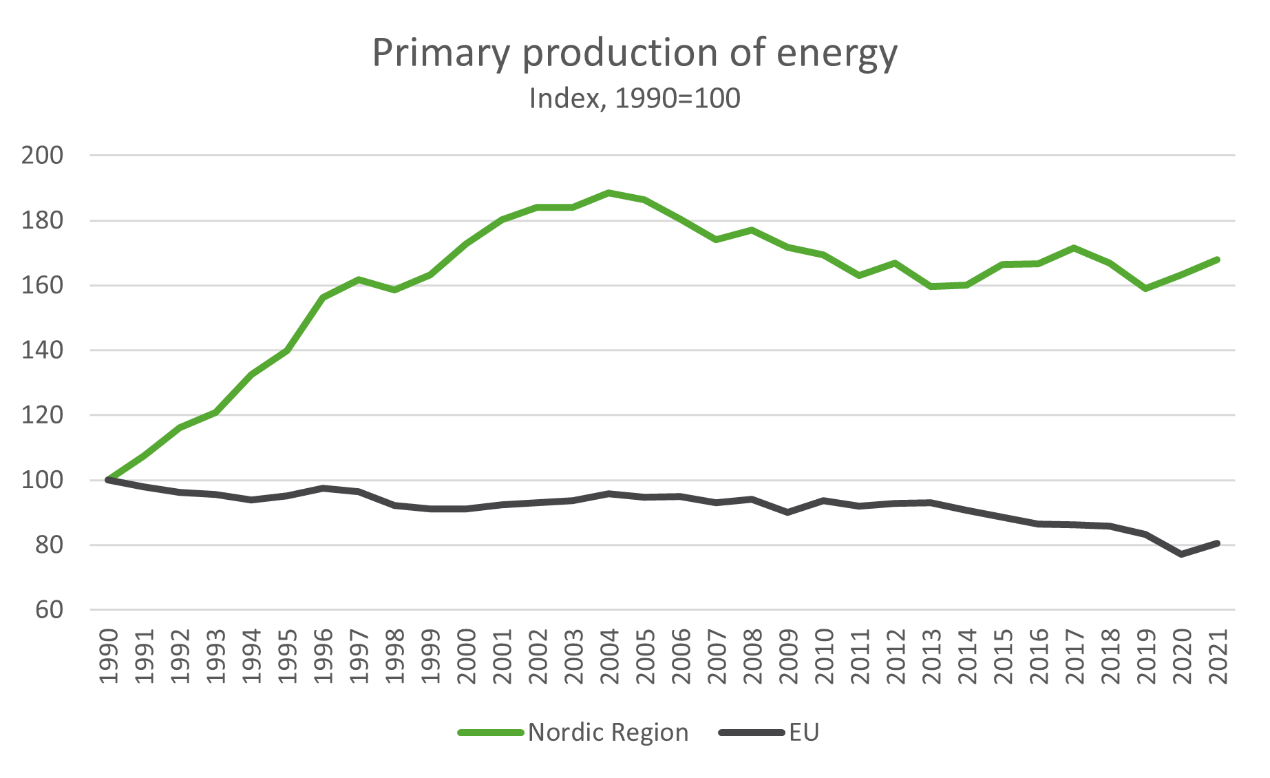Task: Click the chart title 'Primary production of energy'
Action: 635,54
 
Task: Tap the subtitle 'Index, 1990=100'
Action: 635,98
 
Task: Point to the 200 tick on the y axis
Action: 43,156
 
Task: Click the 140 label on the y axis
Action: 43,350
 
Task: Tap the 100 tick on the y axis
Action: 43,481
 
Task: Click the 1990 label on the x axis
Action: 109,655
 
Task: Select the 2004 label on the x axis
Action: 609,655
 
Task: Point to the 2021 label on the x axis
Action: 1218,655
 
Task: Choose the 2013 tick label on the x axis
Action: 931,655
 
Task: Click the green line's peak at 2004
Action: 609,193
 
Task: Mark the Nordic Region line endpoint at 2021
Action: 1218,260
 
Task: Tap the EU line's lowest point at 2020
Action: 1182,554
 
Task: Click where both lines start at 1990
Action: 108,480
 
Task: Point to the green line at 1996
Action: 323,297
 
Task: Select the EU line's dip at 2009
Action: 788,512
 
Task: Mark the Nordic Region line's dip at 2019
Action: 1146,288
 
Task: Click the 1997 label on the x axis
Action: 359,655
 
